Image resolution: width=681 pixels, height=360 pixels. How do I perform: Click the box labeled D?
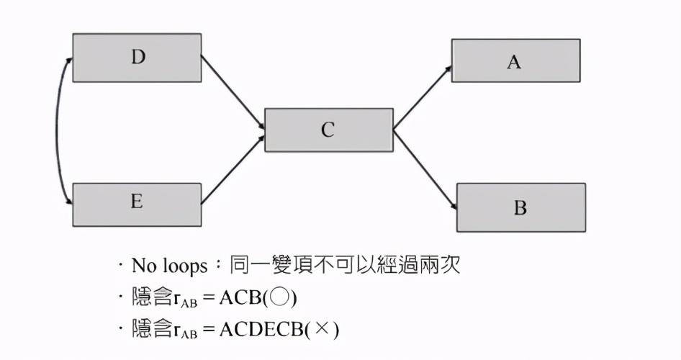click(x=137, y=58)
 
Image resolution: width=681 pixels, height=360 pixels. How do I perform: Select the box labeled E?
click(x=137, y=204)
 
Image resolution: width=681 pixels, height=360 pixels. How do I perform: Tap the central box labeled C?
click(x=328, y=130)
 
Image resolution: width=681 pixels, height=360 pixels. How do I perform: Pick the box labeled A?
click(x=515, y=60)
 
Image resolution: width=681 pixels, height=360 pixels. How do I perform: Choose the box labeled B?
click(x=520, y=207)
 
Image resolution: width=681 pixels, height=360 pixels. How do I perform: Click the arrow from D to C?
click(x=233, y=93)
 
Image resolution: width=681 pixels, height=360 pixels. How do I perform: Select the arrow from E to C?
click(x=233, y=167)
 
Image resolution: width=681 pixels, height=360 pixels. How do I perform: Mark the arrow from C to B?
click(x=425, y=168)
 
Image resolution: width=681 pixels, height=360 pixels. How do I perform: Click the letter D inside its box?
click(x=138, y=58)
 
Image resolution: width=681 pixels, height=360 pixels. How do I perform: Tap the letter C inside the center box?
click(x=328, y=130)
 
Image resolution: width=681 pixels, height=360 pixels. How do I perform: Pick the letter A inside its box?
click(x=513, y=62)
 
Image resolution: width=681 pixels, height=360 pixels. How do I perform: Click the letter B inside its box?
click(x=520, y=208)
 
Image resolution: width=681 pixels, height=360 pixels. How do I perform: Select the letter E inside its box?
click(x=137, y=202)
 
